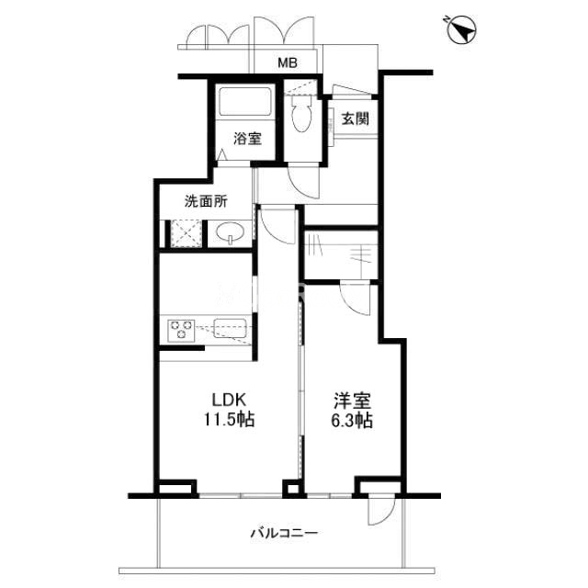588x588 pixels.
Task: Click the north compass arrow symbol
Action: coord(462,29)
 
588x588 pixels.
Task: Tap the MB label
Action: coord(288,62)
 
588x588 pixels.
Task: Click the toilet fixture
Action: coord(301,112)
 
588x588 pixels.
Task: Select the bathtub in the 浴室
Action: coord(245,101)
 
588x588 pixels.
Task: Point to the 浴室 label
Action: coord(247,139)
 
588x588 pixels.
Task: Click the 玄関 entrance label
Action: coord(355,119)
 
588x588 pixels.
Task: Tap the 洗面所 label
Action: coord(206,201)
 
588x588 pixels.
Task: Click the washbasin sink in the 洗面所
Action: coord(230,232)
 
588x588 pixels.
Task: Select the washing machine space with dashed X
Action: coord(187,233)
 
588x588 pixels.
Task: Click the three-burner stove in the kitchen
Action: coord(182,330)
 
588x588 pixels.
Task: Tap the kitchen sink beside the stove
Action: coord(230,328)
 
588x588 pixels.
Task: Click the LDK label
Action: coord(229,401)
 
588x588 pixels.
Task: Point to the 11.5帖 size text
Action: coord(229,419)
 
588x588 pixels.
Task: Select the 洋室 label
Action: coord(353,401)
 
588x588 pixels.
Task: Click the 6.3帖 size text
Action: coord(352,420)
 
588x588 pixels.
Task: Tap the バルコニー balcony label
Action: coord(284,533)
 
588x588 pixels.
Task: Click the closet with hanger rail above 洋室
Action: coord(341,254)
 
